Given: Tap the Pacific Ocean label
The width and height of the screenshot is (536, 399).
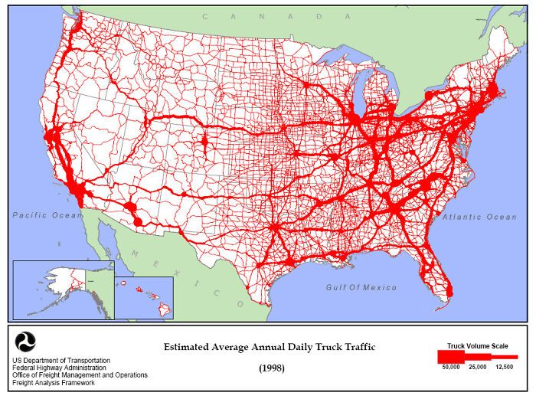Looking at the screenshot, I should coord(47,216).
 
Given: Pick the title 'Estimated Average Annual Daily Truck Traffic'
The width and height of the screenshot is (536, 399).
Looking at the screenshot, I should coord(270,348).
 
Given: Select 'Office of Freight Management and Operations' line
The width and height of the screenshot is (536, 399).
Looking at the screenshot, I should coord(80,375).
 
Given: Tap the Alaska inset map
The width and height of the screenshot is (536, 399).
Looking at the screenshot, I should coord(62,289).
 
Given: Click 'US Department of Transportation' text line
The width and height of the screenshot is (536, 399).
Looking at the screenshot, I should coord(61,360).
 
